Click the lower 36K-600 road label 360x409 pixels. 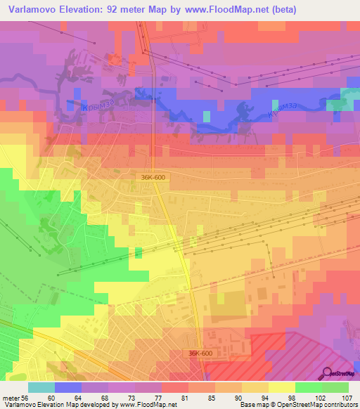(x=201, y=353)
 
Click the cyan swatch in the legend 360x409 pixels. (x=41, y=387)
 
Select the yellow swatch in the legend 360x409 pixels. (x=281, y=387)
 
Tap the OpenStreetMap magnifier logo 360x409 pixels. (x=326, y=373)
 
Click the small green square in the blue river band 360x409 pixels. (x=207, y=115)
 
